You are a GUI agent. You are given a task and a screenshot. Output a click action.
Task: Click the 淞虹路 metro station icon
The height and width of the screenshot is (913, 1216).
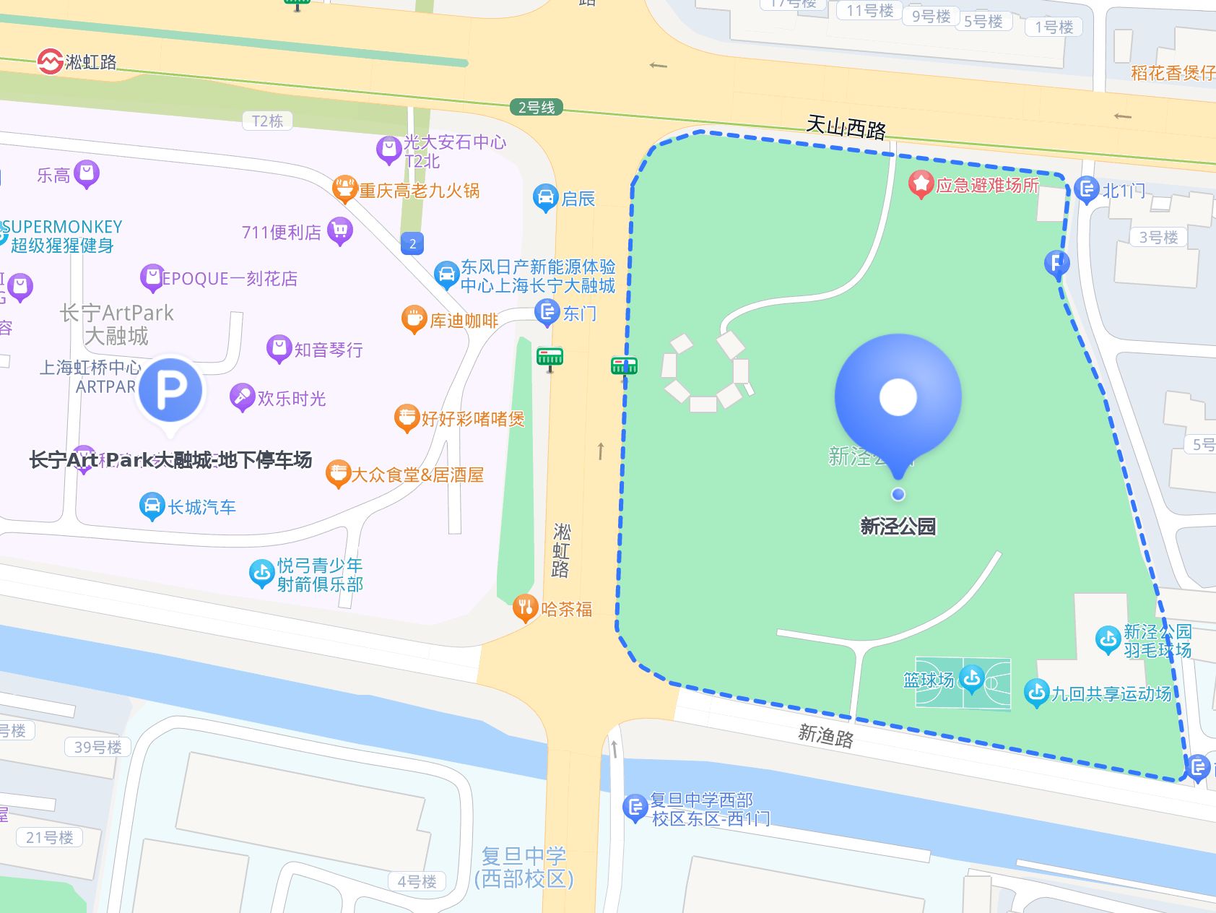click(x=50, y=61)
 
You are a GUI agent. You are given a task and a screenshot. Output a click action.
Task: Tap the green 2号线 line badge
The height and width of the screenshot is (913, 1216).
click(x=536, y=108)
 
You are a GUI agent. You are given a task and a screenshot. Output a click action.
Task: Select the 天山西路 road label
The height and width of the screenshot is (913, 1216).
click(x=846, y=128)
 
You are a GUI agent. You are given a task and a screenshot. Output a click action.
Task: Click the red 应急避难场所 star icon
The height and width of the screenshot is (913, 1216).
click(x=921, y=184)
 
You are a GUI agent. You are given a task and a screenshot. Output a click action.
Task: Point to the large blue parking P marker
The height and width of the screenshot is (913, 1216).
click(x=171, y=390)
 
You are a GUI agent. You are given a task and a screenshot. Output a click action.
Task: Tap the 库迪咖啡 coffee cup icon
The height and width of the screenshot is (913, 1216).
click(x=414, y=319)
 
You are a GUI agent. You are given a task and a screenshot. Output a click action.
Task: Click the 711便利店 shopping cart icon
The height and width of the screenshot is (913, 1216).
click(x=340, y=230)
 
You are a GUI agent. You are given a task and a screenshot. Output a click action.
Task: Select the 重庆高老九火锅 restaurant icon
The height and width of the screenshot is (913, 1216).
click(x=345, y=189)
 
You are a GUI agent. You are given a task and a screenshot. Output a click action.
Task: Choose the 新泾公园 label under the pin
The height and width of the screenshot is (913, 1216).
click(x=898, y=527)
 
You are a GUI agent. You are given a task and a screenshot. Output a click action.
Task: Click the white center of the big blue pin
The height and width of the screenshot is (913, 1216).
click(x=898, y=397)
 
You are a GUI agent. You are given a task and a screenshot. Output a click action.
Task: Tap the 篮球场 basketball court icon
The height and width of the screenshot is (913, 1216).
click(x=972, y=678)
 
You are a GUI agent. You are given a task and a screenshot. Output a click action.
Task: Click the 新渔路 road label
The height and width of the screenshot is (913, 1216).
click(x=825, y=736)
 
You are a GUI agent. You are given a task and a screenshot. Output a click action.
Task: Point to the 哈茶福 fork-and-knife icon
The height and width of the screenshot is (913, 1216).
click(x=526, y=608)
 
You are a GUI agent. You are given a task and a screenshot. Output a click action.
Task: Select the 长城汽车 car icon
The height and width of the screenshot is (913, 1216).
click(x=152, y=506)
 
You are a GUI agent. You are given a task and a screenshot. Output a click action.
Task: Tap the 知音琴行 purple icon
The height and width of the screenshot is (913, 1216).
click(x=279, y=348)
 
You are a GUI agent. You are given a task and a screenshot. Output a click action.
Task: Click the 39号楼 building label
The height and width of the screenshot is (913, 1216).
click(x=97, y=747)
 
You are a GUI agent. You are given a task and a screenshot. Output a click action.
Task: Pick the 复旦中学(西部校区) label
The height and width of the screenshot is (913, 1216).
click(x=524, y=867)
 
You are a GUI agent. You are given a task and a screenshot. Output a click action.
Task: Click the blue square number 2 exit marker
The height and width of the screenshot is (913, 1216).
click(x=412, y=243)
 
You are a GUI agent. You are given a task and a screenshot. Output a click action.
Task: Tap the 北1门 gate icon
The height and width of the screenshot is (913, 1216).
click(x=1086, y=189)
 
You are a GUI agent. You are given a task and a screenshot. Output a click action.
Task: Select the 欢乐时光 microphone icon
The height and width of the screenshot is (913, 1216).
click(x=242, y=397)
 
